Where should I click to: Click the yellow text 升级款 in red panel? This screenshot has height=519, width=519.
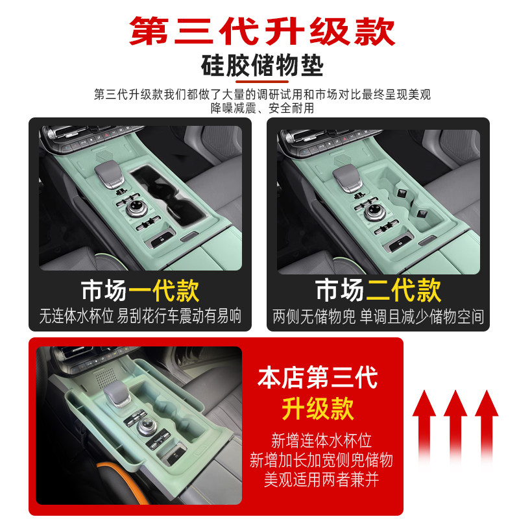tap(318, 408)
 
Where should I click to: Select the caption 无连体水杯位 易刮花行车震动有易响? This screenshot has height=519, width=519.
tap(140, 317)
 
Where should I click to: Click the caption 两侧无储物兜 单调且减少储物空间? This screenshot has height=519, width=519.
tap(378, 317)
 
